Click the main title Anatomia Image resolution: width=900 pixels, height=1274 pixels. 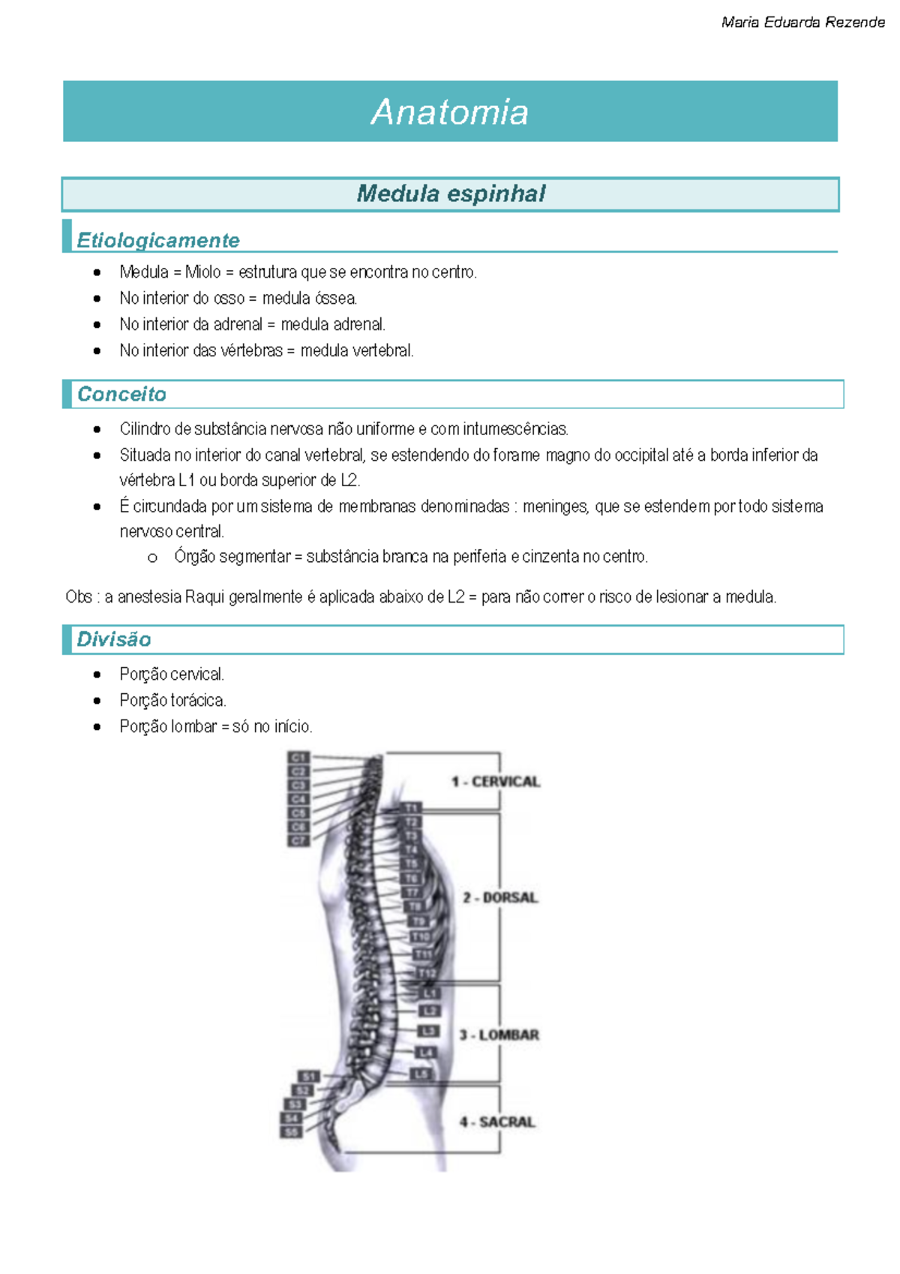tap(450, 113)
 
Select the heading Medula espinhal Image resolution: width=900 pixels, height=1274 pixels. tap(451, 194)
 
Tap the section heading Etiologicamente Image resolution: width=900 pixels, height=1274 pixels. tap(158, 240)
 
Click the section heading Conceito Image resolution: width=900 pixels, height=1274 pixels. tap(121, 394)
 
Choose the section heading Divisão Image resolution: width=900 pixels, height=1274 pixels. tap(114, 639)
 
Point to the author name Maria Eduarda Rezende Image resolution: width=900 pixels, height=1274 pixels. tap(802, 23)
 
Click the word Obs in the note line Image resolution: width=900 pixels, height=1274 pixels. tap(78, 597)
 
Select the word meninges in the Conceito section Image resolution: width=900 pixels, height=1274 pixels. tap(554, 506)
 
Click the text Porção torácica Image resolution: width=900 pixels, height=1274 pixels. tap(172, 700)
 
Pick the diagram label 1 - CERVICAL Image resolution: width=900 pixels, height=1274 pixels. tap(496, 782)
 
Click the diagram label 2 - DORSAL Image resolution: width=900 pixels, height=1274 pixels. tap(500, 897)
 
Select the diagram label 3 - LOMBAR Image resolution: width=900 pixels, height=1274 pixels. tap(499, 1035)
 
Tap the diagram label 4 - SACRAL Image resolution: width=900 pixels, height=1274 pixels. tap(497, 1122)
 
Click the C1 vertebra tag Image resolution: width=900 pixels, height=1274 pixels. tap(298, 758)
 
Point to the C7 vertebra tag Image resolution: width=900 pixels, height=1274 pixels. tap(298, 840)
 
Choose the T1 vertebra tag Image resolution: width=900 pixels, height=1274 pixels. tap(412, 808)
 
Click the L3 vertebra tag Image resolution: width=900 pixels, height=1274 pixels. tap(428, 1031)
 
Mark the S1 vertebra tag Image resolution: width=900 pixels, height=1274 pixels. tap(309, 1077)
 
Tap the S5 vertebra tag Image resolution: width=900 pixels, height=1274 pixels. tap(291, 1131)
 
